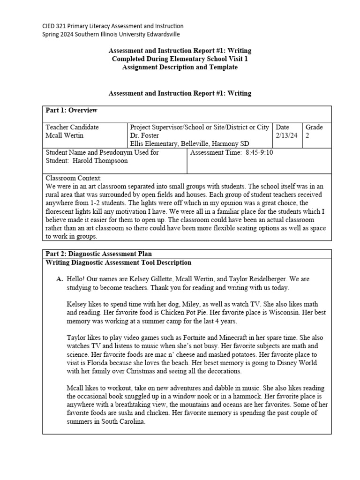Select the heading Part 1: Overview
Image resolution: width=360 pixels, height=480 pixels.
(x=71, y=110)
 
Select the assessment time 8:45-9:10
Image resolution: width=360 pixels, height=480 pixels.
(x=259, y=153)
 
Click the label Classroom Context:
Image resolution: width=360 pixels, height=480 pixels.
(x=73, y=178)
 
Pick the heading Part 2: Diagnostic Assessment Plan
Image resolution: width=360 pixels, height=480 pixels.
(x=98, y=254)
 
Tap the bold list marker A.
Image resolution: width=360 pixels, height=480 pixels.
(x=60, y=279)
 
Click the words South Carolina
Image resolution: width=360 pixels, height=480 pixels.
(x=122, y=421)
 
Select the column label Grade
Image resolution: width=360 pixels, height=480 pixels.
(x=315, y=127)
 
